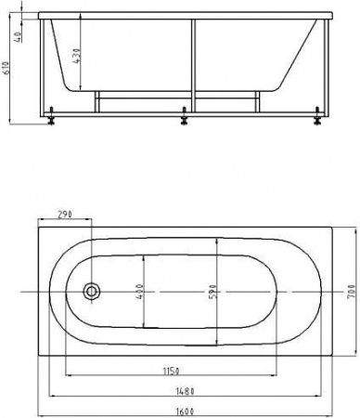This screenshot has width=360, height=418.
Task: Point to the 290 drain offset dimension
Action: coord(64,215)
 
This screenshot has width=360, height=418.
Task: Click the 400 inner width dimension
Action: coord(138,291)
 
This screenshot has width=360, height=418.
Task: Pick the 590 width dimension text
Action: coord(212,291)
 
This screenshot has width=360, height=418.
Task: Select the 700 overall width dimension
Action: coord(353,291)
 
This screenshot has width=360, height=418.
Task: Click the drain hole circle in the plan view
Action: coord(92,292)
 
